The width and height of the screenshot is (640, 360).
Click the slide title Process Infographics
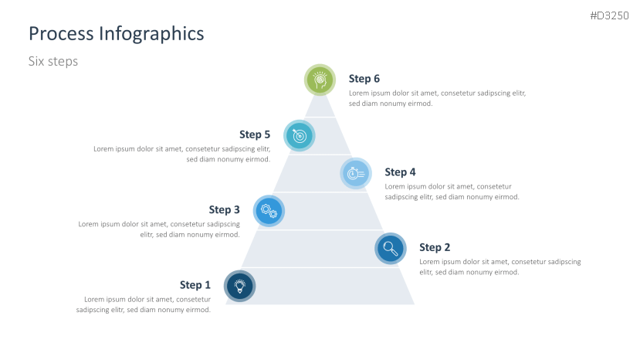[x=116, y=34]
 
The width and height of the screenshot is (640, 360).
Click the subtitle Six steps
[x=53, y=61]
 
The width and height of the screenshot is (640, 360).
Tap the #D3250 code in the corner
[x=609, y=15]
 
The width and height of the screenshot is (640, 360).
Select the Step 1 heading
[x=195, y=285]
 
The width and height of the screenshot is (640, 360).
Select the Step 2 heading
[x=435, y=247]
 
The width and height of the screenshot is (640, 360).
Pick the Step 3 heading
[x=224, y=209]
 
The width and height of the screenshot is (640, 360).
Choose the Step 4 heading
[x=400, y=172]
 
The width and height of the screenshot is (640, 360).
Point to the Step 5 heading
[x=255, y=134]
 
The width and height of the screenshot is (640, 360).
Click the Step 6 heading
[x=364, y=78]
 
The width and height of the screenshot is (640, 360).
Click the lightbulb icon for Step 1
[x=240, y=286]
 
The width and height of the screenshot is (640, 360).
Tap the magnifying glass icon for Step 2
[x=391, y=249]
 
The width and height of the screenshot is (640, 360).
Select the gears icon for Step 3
[x=269, y=210]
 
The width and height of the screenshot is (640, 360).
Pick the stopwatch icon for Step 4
[x=356, y=173]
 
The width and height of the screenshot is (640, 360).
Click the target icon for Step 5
[x=300, y=135]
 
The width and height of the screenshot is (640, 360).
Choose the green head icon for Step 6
[x=320, y=80]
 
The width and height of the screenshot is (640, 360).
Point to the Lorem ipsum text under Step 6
[x=437, y=97]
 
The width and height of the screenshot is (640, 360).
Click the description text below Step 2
[x=499, y=267]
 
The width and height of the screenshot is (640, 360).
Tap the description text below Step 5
[x=182, y=154]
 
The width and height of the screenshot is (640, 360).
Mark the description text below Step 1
[x=144, y=304]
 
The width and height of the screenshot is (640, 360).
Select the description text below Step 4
[x=452, y=192]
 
